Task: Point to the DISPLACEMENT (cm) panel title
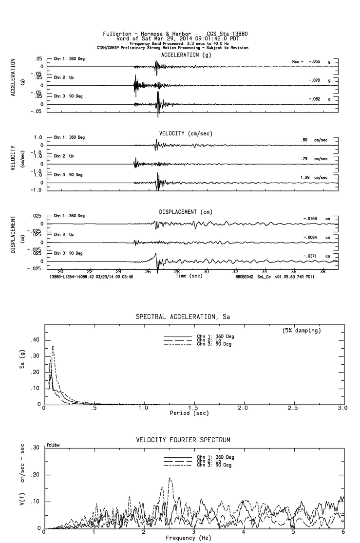click(186, 212)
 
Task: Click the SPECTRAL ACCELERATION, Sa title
click(183, 317)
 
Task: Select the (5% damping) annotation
click(302, 331)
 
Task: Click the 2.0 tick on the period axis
click(243, 408)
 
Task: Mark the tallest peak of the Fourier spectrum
click(170, 478)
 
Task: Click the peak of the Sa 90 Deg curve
click(53, 346)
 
